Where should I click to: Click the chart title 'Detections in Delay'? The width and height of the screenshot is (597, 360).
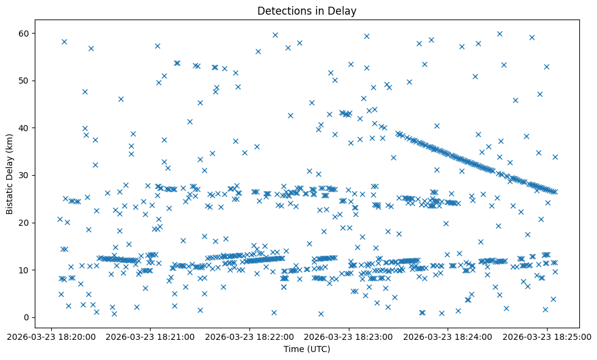pyautogui.click(x=307, y=11)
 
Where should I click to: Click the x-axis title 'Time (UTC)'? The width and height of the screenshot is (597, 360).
pyautogui.click(x=307, y=349)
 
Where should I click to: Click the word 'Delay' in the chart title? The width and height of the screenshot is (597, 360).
pyautogui.click(x=344, y=11)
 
